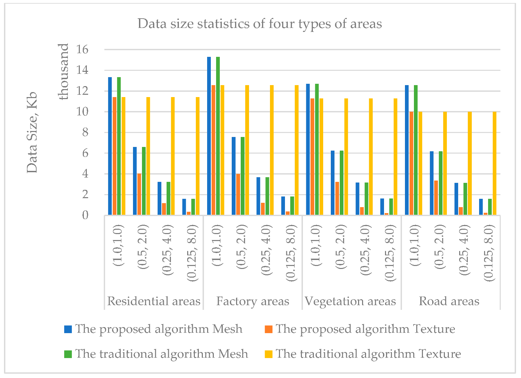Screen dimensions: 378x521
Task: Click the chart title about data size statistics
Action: (260, 24)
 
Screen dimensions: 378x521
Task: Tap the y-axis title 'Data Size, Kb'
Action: (32, 132)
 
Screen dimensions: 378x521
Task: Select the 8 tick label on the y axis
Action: (86, 133)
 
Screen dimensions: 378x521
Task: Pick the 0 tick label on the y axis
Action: (86, 215)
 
